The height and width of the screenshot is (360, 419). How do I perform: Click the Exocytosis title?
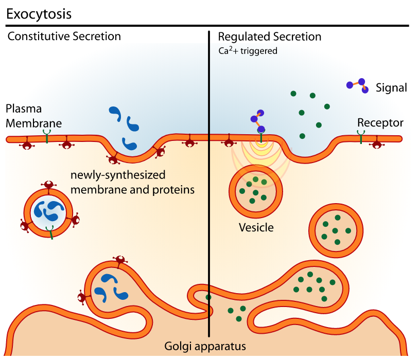pyautogui.click(x=39, y=14)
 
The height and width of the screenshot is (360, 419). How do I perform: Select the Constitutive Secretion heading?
pyautogui.click(x=64, y=37)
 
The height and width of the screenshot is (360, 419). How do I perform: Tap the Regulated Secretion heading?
pyautogui.click(x=270, y=37)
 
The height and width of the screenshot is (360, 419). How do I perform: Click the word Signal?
pyautogui.click(x=391, y=88)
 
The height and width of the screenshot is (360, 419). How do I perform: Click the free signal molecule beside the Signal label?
pyautogui.click(x=358, y=85)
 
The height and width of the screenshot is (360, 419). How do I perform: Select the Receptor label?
pyautogui.click(x=380, y=123)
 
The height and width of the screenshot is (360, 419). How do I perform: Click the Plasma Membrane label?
pyautogui.click(x=33, y=116)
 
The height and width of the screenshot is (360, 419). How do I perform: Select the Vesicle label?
pyautogui.click(x=256, y=227)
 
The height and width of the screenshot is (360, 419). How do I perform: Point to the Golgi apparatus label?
pyautogui.click(x=205, y=345)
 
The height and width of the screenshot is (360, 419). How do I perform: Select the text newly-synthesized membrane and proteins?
pyautogui.click(x=132, y=182)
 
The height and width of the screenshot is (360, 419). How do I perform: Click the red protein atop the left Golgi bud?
pyautogui.click(x=120, y=260)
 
